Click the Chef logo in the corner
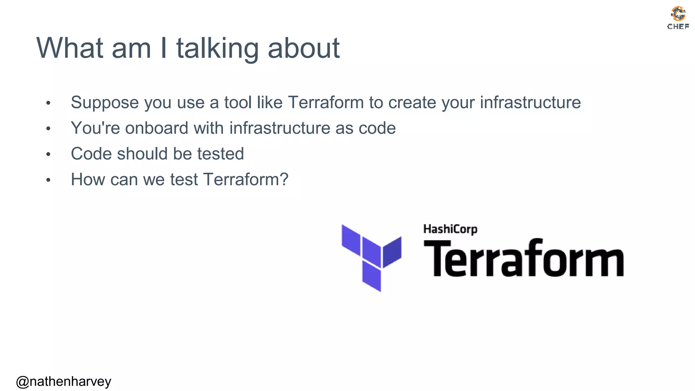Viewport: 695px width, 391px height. [678, 18]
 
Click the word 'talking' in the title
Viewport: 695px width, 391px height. [218, 49]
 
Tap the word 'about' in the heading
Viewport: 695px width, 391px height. [304, 49]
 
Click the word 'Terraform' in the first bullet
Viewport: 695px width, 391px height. [326, 102]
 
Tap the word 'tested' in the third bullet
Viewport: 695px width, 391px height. [221, 154]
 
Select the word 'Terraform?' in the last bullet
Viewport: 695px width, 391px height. [246, 180]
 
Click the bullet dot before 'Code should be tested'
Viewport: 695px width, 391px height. [48, 154]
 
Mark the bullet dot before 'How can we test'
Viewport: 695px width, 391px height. [48, 180]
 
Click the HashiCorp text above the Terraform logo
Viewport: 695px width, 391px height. [450, 229]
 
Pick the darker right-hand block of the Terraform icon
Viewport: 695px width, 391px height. [392, 252]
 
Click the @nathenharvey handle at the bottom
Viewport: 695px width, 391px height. [63, 381]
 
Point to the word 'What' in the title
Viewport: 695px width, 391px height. [70, 49]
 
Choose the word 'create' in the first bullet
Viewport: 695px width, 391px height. [412, 103]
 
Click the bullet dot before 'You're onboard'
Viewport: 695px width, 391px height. [48, 129]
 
